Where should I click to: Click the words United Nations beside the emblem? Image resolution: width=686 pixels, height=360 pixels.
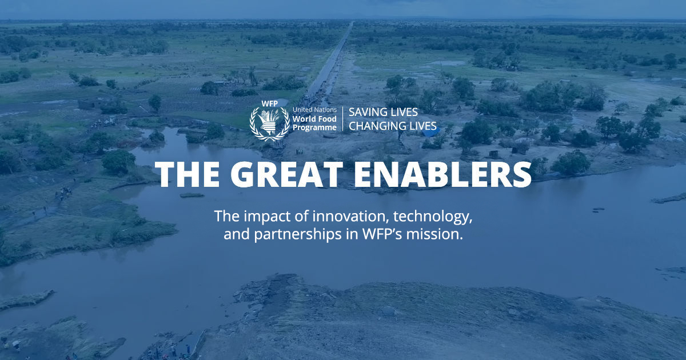pos(313,109)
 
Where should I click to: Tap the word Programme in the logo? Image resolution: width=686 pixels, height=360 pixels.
pos(314,127)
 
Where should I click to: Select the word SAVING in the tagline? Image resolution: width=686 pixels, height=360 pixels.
pos(368,112)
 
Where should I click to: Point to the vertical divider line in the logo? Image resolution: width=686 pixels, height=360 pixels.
pos(342,119)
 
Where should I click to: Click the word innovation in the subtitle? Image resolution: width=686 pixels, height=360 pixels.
pos(324,217)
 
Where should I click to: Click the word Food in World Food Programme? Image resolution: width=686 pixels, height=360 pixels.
pos(326,118)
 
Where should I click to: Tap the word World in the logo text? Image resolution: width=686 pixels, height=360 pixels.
pos(304,118)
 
